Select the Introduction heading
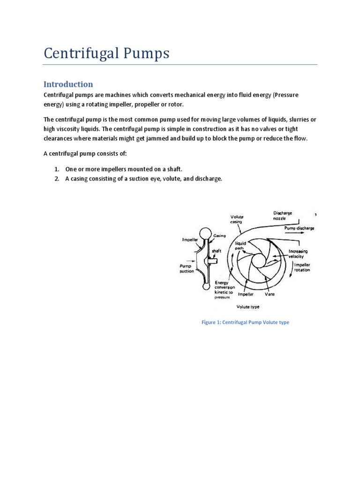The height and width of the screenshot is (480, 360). [x=68, y=84]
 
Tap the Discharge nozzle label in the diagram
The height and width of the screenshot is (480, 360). [x=283, y=216]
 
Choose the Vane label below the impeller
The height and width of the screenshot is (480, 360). [x=270, y=294]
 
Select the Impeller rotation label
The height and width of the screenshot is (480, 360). [x=302, y=267]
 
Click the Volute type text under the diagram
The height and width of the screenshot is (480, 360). [x=248, y=307]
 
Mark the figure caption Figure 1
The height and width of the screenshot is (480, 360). [x=245, y=322]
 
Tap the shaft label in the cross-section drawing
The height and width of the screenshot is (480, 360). [x=217, y=251]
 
